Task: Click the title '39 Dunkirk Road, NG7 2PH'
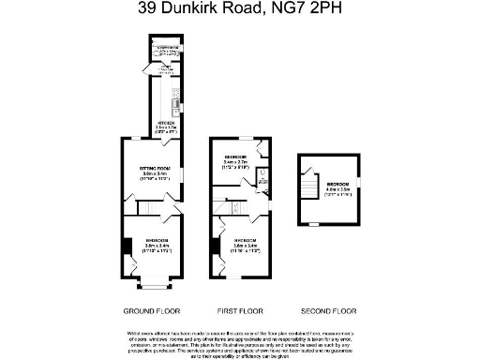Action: tap(240, 10)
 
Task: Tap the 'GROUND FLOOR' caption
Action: tap(151, 310)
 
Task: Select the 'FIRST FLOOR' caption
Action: tap(240, 310)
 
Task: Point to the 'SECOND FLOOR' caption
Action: tap(329, 310)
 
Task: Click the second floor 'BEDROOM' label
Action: tap(337, 186)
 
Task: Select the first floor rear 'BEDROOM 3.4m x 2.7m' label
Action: tap(235, 158)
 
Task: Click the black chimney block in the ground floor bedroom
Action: tap(126, 247)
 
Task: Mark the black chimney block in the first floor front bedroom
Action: tap(216, 247)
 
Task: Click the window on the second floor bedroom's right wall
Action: tap(360, 182)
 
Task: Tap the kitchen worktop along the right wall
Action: tap(173, 94)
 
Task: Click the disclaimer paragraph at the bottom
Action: tap(240, 342)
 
